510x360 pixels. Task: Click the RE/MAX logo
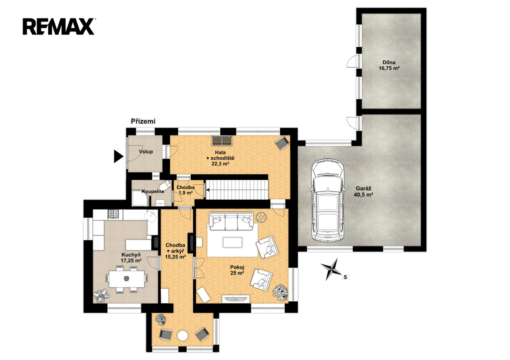click(x=59, y=26)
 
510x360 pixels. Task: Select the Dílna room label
click(x=389, y=65)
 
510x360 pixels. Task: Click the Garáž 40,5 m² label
click(x=363, y=192)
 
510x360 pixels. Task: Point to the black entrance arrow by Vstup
click(x=119, y=156)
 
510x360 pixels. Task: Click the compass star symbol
click(x=331, y=269)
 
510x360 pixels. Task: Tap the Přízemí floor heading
click(x=143, y=121)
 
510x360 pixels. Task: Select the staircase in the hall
click(x=238, y=190)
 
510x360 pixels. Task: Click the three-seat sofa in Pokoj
click(x=231, y=220)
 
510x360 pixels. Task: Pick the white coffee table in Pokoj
click(x=233, y=242)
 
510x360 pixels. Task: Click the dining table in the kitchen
click(x=127, y=279)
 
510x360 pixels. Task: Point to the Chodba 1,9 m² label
click(x=185, y=190)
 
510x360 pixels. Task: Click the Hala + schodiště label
click(x=220, y=158)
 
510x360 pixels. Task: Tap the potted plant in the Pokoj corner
click(x=280, y=292)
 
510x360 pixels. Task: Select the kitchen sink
click(x=151, y=216)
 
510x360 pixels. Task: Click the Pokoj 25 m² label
click(x=237, y=270)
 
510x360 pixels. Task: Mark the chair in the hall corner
click(x=281, y=143)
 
